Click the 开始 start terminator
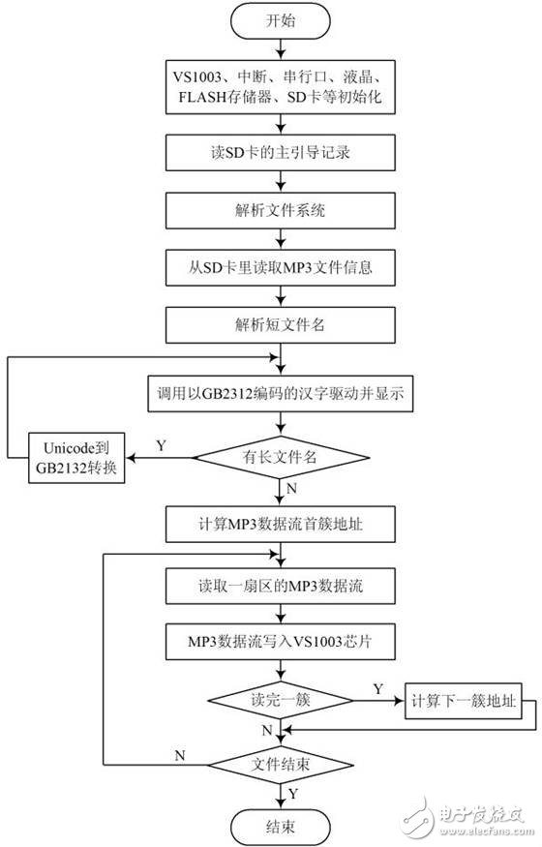[x=281, y=21]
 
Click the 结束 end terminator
[x=281, y=826]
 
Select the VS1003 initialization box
[x=281, y=85]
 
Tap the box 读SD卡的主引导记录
[x=281, y=153]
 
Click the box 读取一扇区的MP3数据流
[x=281, y=587]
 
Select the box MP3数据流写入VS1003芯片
[x=281, y=642]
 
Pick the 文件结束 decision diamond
[x=281, y=763]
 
